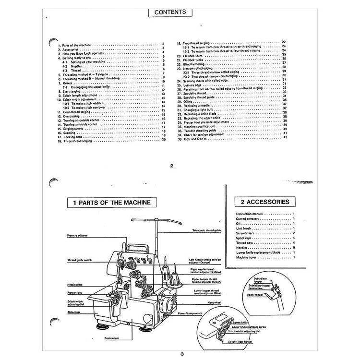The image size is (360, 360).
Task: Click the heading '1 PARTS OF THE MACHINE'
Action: (111, 203)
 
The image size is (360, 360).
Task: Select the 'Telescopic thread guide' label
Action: (205, 231)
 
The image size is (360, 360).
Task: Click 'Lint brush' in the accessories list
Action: (243, 228)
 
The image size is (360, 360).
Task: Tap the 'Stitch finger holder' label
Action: (242, 341)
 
